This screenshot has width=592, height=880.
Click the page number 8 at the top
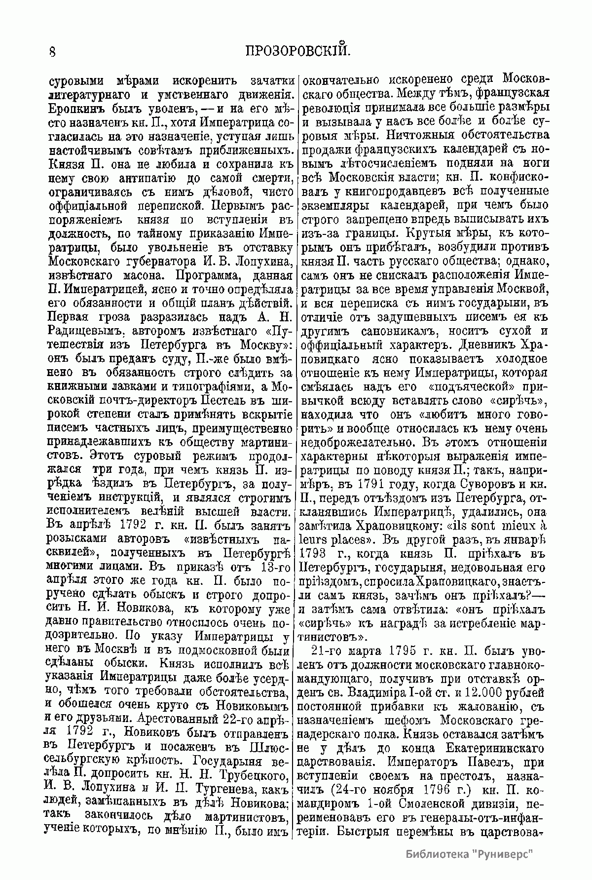(52, 51)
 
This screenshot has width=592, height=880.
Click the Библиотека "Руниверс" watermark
(471, 854)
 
